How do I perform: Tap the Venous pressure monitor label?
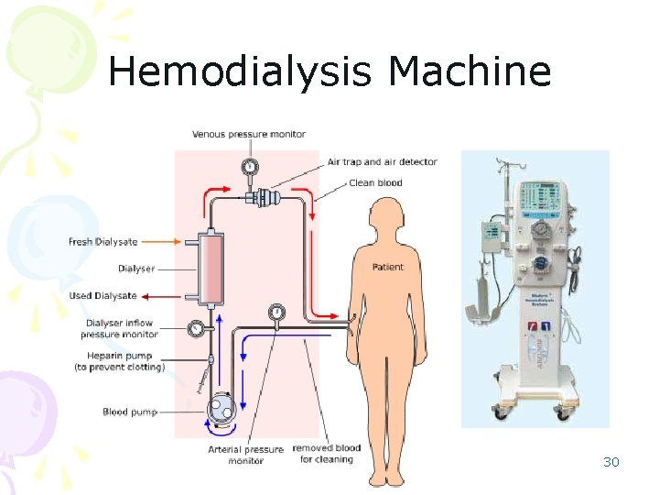[249, 135]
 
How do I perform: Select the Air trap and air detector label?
[383, 162]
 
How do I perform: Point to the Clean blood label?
[375, 183]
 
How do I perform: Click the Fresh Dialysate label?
[103, 242]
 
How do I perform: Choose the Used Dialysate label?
[103, 296]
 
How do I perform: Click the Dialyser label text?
[136, 269]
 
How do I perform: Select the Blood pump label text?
[130, 412]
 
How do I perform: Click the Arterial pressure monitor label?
[245, 454]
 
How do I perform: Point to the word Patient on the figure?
[387, 268]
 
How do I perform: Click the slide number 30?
[611, 462]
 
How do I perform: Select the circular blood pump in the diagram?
[220, 409]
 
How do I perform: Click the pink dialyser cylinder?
[210, 269]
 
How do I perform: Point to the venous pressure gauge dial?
[249, 166]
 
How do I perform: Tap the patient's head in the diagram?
[384, 221]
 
